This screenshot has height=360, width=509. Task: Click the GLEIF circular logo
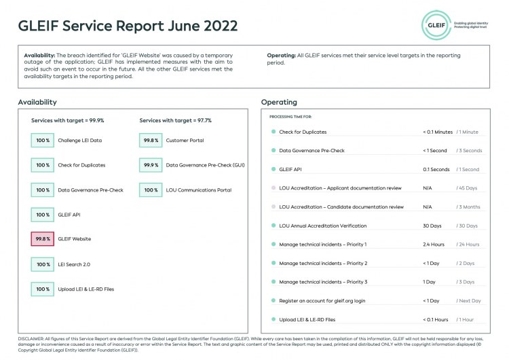pyautogui.click(x=436, y=25)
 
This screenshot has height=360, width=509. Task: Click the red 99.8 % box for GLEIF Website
pyautogui.click(x=43, y=239)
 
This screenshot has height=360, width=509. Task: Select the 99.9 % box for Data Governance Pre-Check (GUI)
pyautogui.click(x=151, y=165)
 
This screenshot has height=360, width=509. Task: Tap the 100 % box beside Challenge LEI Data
pyautogui.click(x=43, y=140)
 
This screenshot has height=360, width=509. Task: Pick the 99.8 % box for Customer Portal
pyautogui.click(x=151, y=140)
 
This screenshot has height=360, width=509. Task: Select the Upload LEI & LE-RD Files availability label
pyautogui.click(x=86, y=289)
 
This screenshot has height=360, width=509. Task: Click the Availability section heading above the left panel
pyautogui.click(x=37, y=103)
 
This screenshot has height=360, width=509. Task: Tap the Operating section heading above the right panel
pyautogui.click(x=279, y=103)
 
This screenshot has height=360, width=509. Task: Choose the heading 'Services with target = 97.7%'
pyautogui.click(x=175, y=120)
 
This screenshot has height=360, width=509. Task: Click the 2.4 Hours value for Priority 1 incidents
pyautogui.click(x=434, y=245)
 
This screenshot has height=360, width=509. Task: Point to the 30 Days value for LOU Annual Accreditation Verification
pyautogui.click(x=432, y=226)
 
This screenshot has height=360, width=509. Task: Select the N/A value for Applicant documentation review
pyautogui.click(x=428, y=188)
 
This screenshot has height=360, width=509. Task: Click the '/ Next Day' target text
pyautogui.click(x=469, y=300)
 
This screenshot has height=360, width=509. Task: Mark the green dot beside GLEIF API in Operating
pyautogui.click(x=273, y=170)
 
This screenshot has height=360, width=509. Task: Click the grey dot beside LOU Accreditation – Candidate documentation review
pyautogui.click(x=273, y=207)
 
